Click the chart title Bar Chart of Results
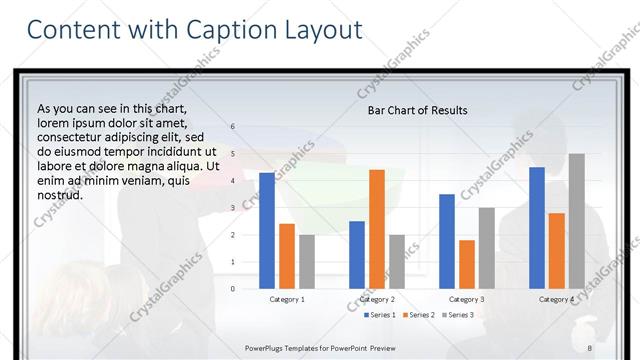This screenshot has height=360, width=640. (x=418, y=110)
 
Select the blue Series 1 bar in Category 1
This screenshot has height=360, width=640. (x=267, y=231)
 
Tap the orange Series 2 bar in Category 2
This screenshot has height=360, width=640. (x=377, y=229)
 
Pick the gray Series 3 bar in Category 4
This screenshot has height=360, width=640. (x=577, y=221)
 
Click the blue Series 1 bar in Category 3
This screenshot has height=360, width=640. (x=447, y=241)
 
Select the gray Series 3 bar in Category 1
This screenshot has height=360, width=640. (x=307, y=262)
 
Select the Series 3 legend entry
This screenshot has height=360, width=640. (x=457, y=315)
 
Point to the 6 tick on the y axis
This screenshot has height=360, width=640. (x=232, y=127)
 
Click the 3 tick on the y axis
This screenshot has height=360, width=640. (x=232, y=208)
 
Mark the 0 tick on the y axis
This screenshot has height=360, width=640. (x=232, y=289)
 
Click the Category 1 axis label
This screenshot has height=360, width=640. (x=287, y=299)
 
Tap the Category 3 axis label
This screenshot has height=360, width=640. (x=467, y=299)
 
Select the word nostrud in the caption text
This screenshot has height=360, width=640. (x=60, y=195)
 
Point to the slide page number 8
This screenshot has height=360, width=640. (x=590, y=347)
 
